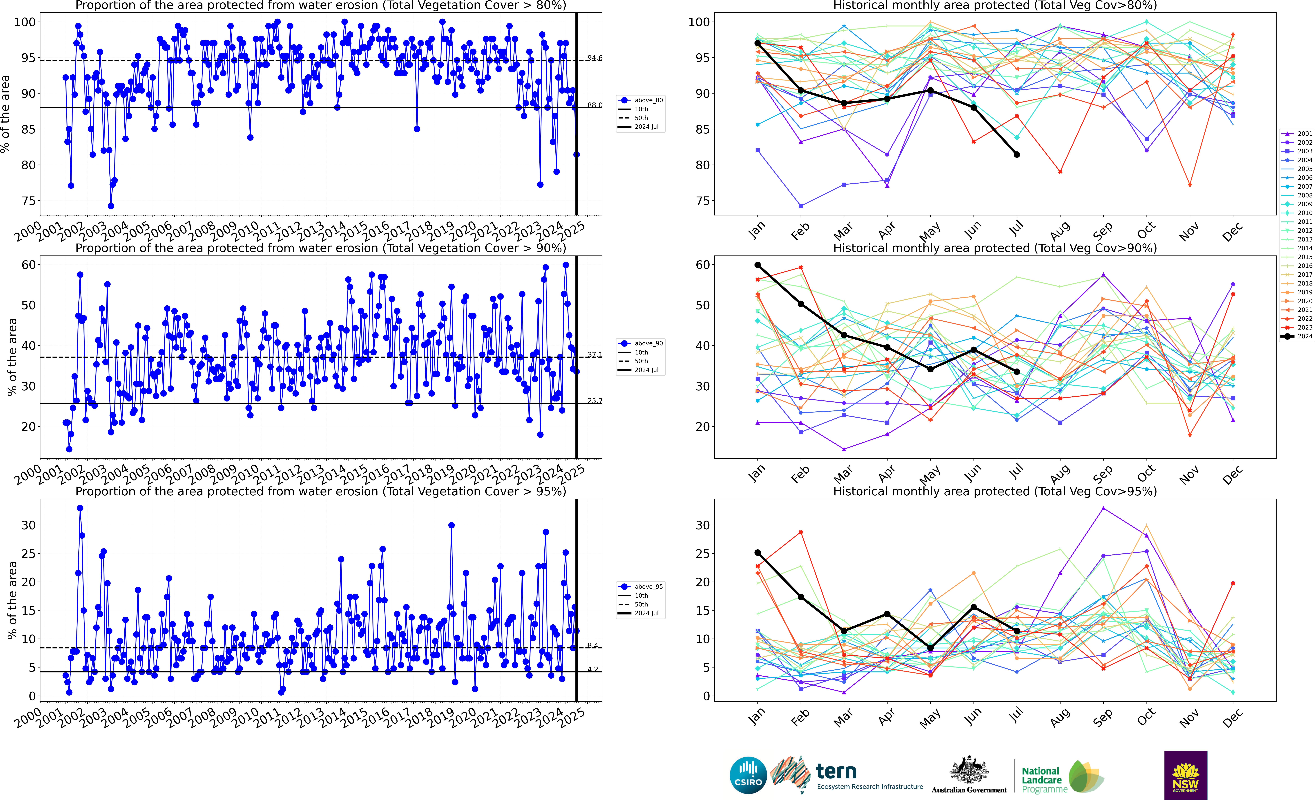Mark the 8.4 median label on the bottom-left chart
tap(592, 645)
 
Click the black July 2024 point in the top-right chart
tap(1017, 155)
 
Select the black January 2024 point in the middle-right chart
tap(758, 265)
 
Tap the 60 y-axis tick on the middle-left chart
tap(29, 265)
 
